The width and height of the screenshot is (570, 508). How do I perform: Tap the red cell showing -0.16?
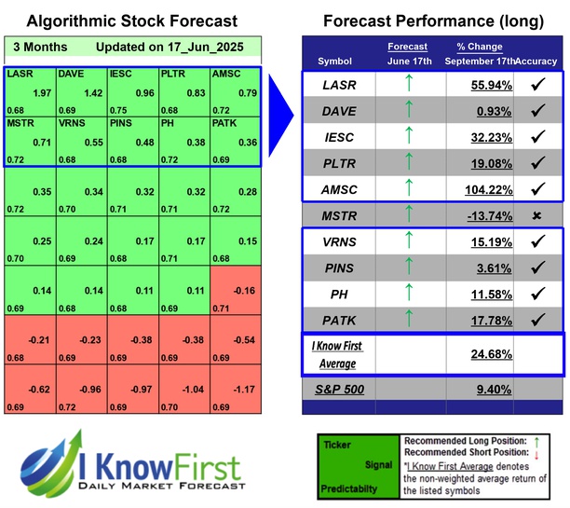pos(243,290)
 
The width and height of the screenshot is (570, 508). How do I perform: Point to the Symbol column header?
pos(334,62)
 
